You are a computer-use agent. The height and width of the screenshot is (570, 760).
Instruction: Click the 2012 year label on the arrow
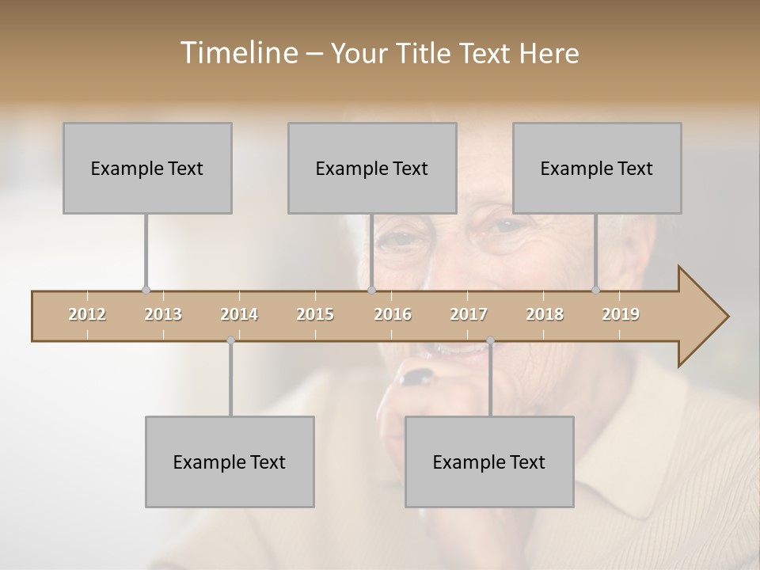coord(87,315)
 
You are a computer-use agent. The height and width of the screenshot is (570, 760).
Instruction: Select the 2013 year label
coord(163,315)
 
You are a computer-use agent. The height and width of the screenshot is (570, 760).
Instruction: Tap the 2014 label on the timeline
coord(239,315)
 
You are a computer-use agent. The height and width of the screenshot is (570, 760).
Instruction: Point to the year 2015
coord(315,315)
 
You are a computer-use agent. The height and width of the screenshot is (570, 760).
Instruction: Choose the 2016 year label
coord(393,315)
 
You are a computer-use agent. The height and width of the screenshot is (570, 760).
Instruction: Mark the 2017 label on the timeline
coord(469,315)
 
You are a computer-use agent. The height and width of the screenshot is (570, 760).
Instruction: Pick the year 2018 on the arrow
coord(545,315)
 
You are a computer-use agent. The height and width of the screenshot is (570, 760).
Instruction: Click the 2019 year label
coord(621,315)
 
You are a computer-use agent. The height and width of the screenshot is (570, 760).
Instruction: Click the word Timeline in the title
coord(237,53)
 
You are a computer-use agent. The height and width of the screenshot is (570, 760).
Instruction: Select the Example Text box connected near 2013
coord(147,168)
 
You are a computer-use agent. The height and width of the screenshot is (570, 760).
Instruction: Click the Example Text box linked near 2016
coord(372,168)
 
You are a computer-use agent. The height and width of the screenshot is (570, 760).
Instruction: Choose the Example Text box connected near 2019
coord(597,168)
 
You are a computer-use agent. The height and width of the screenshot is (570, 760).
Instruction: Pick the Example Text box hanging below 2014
coord(230,462)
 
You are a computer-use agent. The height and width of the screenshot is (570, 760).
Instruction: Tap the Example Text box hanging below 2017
coord(489,462)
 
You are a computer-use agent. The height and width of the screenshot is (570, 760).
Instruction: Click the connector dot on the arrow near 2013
coord(146,291)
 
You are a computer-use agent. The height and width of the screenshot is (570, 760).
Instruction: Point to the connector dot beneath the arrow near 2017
coord(490,341)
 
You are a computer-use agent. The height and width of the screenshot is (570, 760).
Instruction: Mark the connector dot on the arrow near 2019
coord(595,291)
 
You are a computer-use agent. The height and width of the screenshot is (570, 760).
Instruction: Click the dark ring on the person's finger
coord(416,377)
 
